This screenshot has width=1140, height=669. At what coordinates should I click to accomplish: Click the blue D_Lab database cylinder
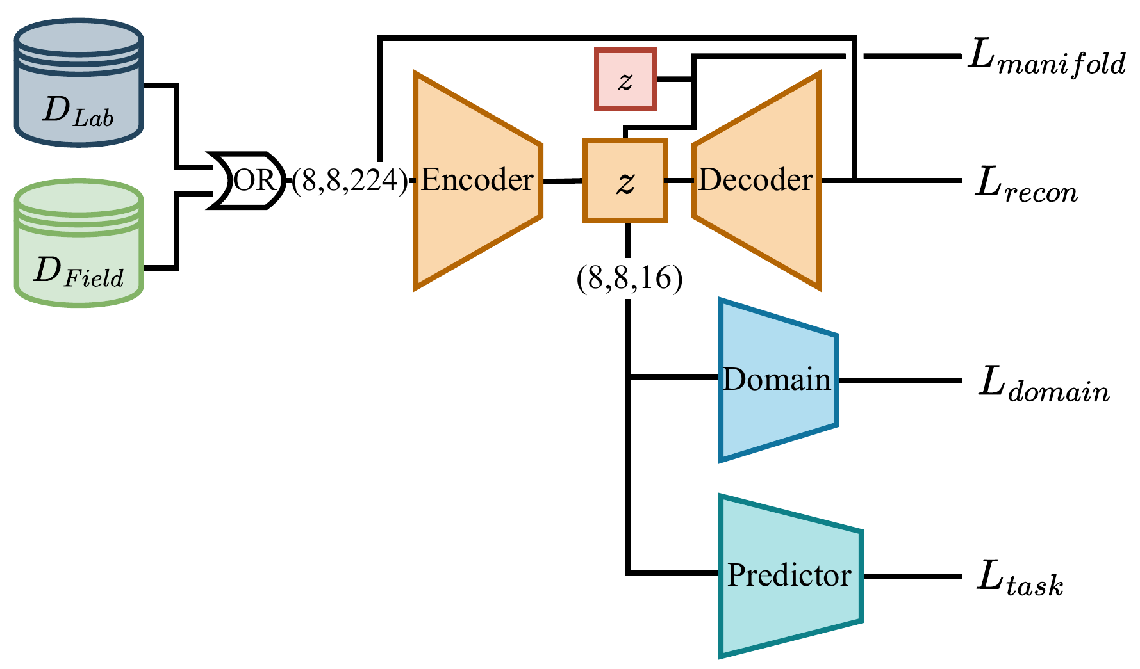[x=78, y=83]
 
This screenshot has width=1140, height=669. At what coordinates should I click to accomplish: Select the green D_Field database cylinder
[x=78, y=243]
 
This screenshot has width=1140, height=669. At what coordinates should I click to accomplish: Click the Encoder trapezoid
[x=477, y=181]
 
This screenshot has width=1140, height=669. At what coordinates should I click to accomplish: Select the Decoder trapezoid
[x=756, y=181]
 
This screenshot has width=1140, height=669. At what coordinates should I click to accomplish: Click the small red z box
[x=625, y=79]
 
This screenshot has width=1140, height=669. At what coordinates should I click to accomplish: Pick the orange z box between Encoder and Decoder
[x=625, y=181]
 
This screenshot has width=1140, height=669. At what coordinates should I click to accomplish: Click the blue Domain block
[x=777, y=380]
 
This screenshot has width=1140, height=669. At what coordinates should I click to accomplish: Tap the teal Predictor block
[x=789, y=576]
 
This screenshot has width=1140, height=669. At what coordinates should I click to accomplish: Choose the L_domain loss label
[x=1043, y=385]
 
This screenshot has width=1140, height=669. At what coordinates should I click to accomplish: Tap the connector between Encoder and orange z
[x=563, y=181]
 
